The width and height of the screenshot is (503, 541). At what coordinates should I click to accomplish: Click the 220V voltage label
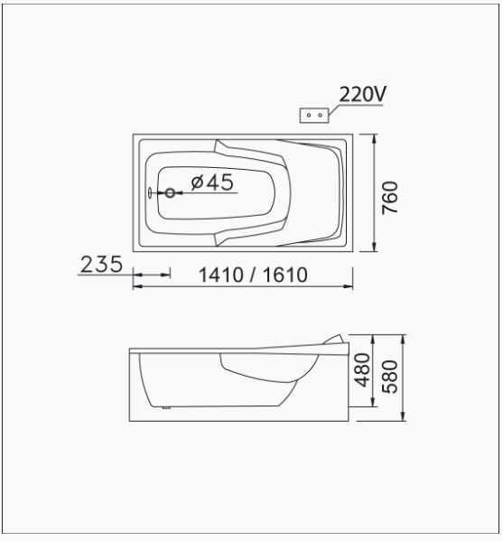tap(363, 94)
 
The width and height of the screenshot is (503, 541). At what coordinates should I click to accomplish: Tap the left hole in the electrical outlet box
tap(309, 116)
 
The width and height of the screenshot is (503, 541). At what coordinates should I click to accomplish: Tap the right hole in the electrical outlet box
tap(321, 116)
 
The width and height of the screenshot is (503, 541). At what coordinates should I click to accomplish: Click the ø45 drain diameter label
tap(212, 182)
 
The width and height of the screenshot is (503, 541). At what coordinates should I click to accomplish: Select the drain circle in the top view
tap(170, 193)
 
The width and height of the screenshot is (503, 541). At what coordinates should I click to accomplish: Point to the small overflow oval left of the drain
tap(150, 193)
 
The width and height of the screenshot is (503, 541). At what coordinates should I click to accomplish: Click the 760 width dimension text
tap(390, 198)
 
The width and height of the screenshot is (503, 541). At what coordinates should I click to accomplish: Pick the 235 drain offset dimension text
tap(101, 265)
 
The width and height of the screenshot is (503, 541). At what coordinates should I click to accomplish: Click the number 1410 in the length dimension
tap(220, 275)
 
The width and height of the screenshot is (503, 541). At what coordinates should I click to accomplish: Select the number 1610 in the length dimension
tap(285, 275)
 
